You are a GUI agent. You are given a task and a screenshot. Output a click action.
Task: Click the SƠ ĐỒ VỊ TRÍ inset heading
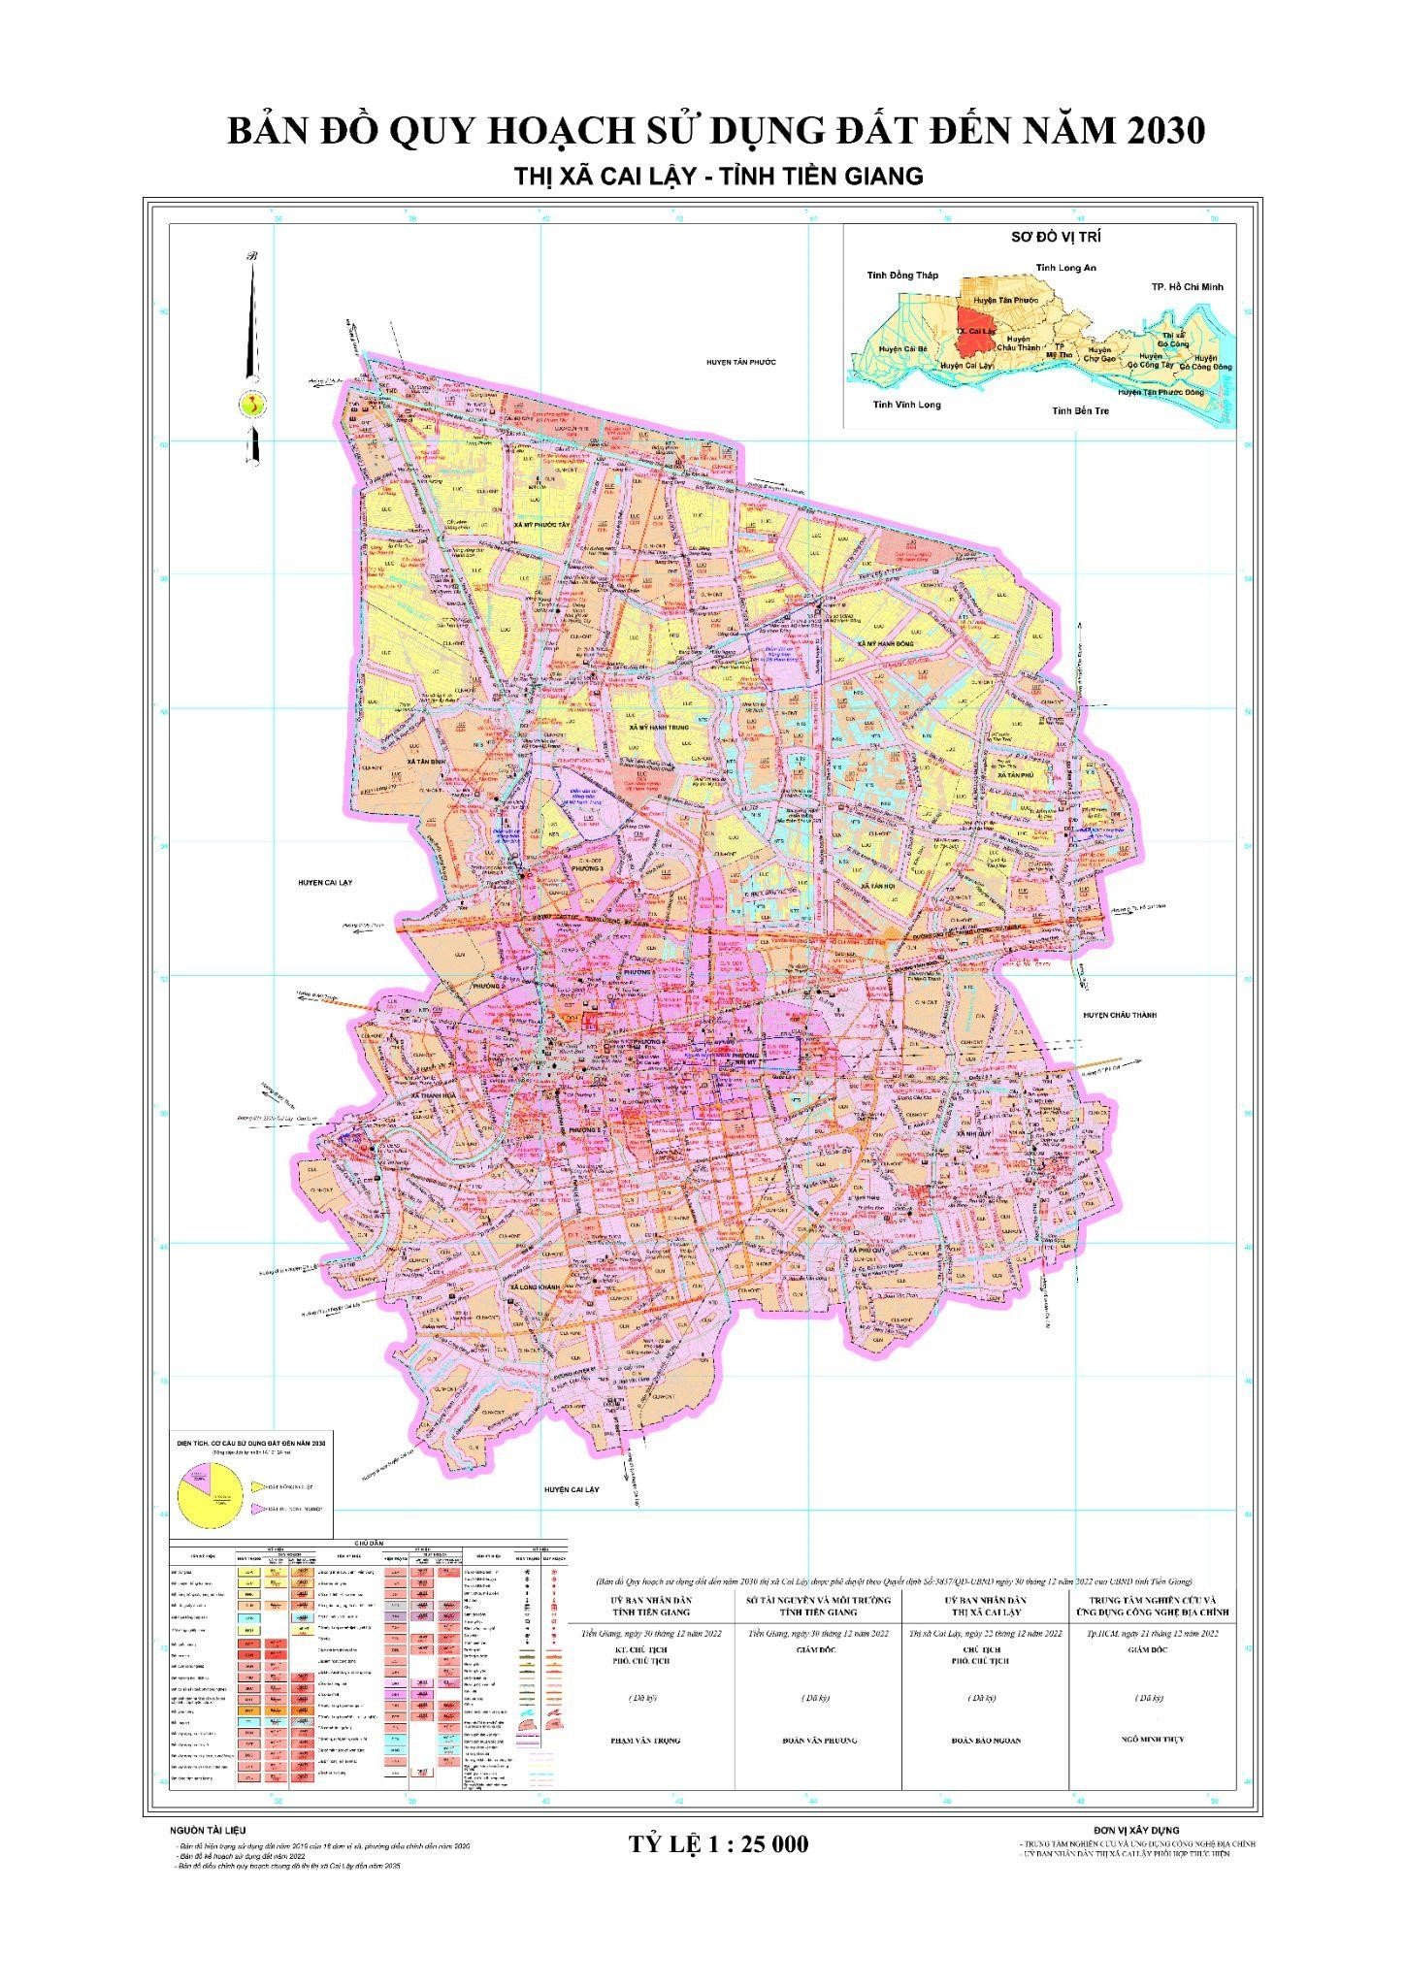pos(1042,237)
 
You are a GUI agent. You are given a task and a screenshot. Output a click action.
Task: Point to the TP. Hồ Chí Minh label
pos(1187,287)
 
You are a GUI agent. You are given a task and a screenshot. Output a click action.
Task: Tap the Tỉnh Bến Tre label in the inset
pos(1080,410)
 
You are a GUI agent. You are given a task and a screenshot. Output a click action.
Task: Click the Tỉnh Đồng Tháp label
pos(902,276)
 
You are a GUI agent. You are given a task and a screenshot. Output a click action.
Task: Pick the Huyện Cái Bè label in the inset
pos(902,347)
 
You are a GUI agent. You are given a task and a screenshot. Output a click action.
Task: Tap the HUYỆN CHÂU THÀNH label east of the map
pos(1121,1015)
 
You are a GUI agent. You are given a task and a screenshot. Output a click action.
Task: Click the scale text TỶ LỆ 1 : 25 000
pos(719,1843)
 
